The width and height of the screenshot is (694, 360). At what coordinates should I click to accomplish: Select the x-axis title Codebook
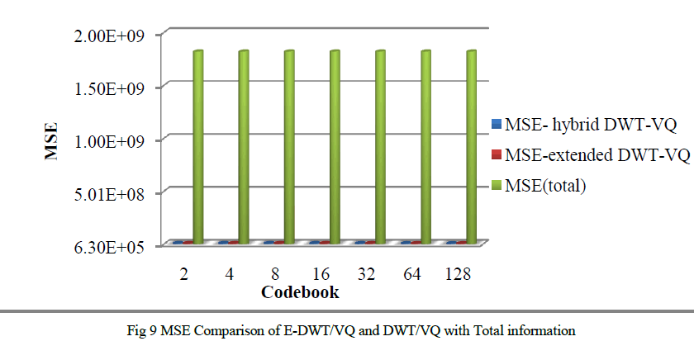tap(300, 292)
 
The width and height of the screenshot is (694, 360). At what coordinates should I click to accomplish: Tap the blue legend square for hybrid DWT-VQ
tap(496, 126)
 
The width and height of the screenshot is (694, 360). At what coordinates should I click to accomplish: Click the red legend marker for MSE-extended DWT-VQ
tap(496, 155)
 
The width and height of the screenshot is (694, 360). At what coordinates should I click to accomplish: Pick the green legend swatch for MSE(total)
tap(496, 186)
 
